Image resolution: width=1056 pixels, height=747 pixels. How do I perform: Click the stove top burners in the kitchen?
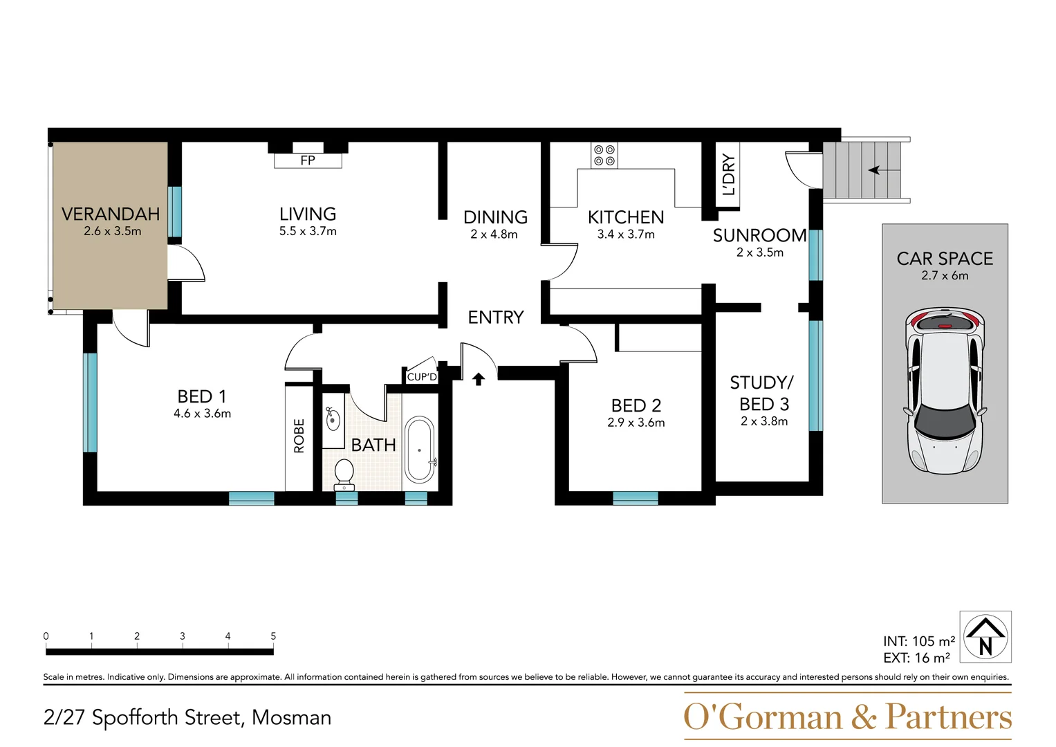coord(604,155)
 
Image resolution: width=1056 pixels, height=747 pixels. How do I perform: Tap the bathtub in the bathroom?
coord(419,450)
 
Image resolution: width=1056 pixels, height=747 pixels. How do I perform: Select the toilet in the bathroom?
coord(344,474)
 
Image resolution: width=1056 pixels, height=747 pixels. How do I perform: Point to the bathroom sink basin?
coord(333,418)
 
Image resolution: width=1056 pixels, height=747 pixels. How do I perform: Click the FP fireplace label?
coord(308,160)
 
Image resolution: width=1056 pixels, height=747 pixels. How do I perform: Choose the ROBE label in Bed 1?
coord(299,436)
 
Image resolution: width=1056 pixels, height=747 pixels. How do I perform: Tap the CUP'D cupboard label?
coord(422,377)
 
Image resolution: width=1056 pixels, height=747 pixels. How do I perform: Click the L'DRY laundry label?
coord(729,175)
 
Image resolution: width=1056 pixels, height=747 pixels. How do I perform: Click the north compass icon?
coord(985,637)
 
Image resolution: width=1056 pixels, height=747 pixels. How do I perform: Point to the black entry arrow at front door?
coord(479,378)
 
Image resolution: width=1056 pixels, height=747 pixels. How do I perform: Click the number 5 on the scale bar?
coord(273,636)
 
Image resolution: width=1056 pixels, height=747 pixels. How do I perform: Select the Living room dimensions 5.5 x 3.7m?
coord(308,232)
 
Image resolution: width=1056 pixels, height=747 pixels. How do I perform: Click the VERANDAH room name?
coord(111,214)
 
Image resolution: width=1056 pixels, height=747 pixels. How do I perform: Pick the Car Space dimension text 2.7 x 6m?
coord(945,275)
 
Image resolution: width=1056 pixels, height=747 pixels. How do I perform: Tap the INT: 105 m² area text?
coord(918,641)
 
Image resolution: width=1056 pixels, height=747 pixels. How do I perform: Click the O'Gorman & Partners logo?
coord(847,717)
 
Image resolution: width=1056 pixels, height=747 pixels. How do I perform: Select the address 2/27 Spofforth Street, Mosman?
coord(187,717)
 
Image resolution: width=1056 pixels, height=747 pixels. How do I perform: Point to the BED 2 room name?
coord(636,405)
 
